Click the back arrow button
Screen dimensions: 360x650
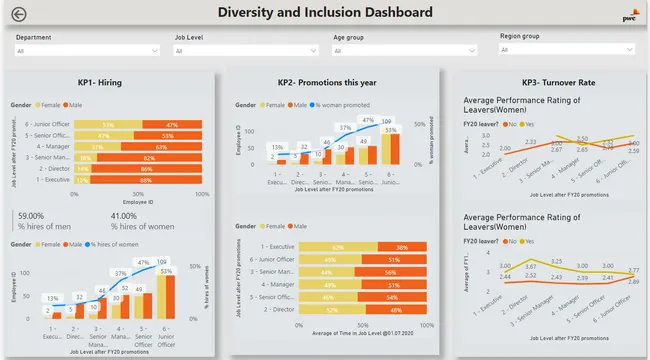tap(18, 14)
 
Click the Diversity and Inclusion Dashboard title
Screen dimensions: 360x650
tap(325, 13)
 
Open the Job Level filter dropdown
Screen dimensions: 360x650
tap(244, 50)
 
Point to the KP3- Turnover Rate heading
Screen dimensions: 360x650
tap(546, 82)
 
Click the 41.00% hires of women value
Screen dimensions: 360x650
tap(125, 215)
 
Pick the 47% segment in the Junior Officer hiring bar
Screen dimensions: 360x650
tap(172, 125)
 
